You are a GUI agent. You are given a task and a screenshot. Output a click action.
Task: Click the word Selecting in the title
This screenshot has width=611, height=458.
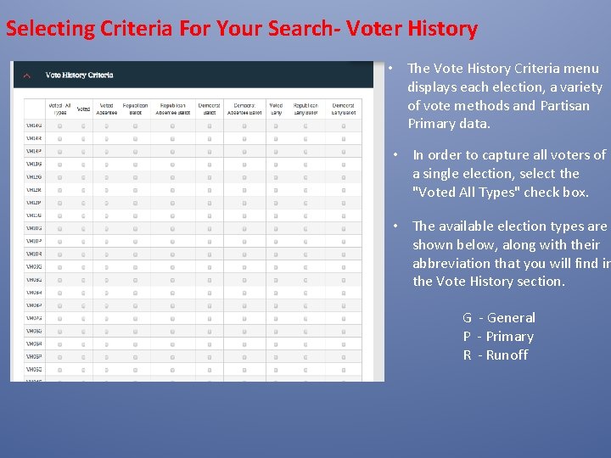(50, 29)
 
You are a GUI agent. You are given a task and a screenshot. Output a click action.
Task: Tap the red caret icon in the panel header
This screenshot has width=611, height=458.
(27, 75)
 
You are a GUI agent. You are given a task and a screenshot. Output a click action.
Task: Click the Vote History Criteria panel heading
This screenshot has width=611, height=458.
(79, 75)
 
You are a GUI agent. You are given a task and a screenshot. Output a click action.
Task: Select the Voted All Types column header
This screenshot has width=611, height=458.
(60, 109)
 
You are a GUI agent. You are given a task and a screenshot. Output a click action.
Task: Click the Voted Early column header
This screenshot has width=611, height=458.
(276, 109)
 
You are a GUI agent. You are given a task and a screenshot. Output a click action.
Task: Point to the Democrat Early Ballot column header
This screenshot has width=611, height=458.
(344, 109)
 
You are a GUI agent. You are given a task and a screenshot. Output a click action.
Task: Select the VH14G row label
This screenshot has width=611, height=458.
(34, 126)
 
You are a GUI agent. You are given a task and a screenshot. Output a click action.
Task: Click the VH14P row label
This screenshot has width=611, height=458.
(34, 152)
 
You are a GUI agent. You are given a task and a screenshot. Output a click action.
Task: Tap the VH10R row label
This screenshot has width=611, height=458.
(34, 254)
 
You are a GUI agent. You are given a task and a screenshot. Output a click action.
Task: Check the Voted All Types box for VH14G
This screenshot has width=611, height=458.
(60, 126)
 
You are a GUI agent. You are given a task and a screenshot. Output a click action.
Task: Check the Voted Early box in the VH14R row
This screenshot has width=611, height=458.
(276, 139)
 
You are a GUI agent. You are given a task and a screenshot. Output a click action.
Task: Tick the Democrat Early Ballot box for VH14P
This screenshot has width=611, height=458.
(344, 152)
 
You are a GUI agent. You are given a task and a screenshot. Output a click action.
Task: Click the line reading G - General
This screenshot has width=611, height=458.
(499, 318)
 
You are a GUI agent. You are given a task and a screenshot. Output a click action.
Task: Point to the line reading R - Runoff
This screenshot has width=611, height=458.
(496, 355)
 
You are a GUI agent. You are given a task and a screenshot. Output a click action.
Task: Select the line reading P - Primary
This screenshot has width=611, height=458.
(498, 337)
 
